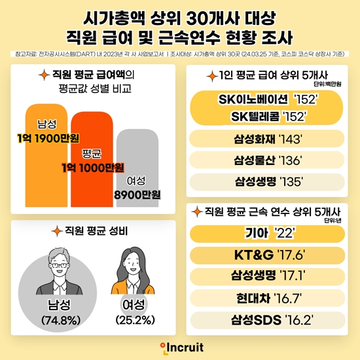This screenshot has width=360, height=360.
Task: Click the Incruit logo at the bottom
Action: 180,345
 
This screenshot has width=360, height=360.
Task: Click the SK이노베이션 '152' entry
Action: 270,99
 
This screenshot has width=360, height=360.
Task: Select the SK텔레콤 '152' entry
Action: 270,116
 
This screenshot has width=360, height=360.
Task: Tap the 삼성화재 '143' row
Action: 270,139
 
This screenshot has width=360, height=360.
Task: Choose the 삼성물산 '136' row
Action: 270,160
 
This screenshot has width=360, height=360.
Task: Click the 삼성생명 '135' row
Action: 270,182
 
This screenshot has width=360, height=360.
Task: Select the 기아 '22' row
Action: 270,233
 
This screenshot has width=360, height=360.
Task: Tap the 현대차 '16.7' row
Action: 270,298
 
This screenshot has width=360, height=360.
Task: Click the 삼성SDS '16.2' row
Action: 270,321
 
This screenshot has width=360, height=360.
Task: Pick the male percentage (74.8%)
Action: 63,321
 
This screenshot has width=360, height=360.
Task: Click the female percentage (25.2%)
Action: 137,321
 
